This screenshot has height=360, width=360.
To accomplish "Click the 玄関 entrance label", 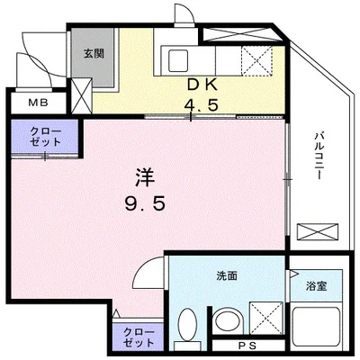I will coord(94,53).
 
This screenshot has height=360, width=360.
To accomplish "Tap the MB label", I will coord(38,103).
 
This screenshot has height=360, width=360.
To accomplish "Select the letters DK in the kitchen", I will coord(201,85).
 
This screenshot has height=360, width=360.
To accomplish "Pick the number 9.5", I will coord(144,204).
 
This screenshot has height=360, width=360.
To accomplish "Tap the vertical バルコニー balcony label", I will coord(318,156).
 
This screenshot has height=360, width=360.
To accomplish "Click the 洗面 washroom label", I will coord(226,276).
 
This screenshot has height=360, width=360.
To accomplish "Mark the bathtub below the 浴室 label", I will coord(317,323).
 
